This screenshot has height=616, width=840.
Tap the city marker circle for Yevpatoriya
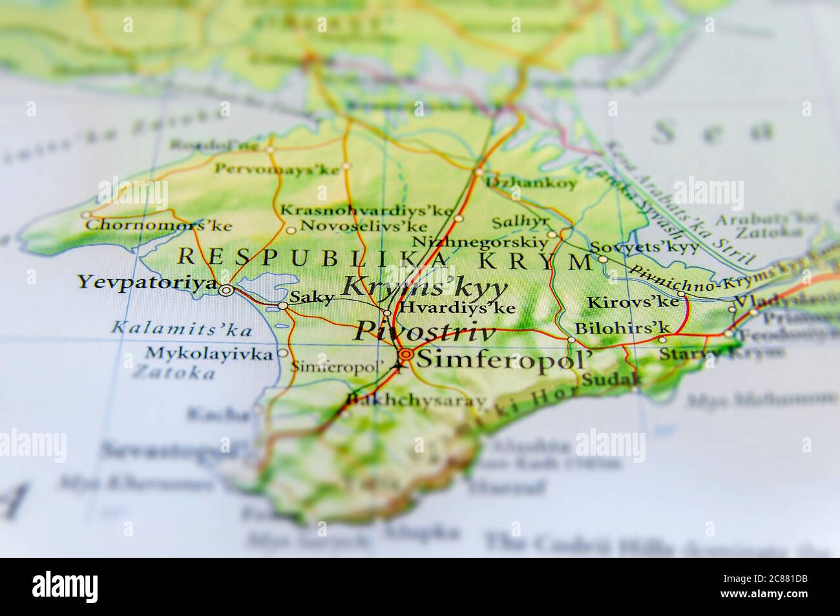pos(226,291)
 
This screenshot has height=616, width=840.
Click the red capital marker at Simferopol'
pos(406,354)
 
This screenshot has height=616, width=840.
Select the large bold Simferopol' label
pos(504,357)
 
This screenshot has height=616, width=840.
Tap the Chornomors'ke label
pos(158,226)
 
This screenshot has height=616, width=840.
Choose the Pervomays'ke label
pos(277,170)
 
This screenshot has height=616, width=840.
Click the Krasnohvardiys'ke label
pos(366,211)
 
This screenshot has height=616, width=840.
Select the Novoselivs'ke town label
pos(364,227)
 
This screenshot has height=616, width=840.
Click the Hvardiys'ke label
pos(457,308)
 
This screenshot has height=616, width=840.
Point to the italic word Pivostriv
pos(424,332)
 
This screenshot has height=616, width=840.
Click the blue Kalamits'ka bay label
pos(182,328)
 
